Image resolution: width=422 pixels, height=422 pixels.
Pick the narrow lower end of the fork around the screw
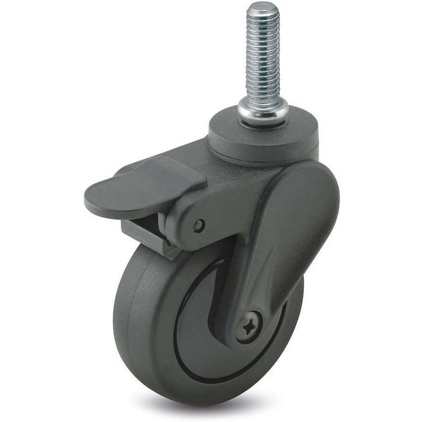249,333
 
